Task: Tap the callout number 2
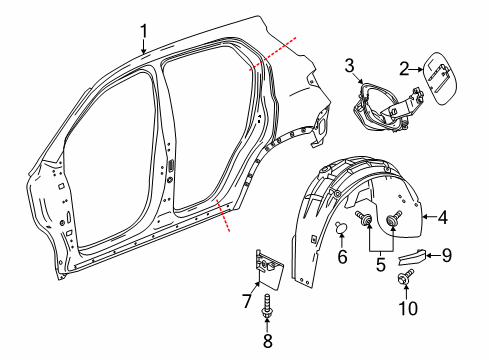coord(404,69)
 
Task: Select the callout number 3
coord(349,66)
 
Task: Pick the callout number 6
coord(342,257)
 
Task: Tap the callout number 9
coord(446,255)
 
